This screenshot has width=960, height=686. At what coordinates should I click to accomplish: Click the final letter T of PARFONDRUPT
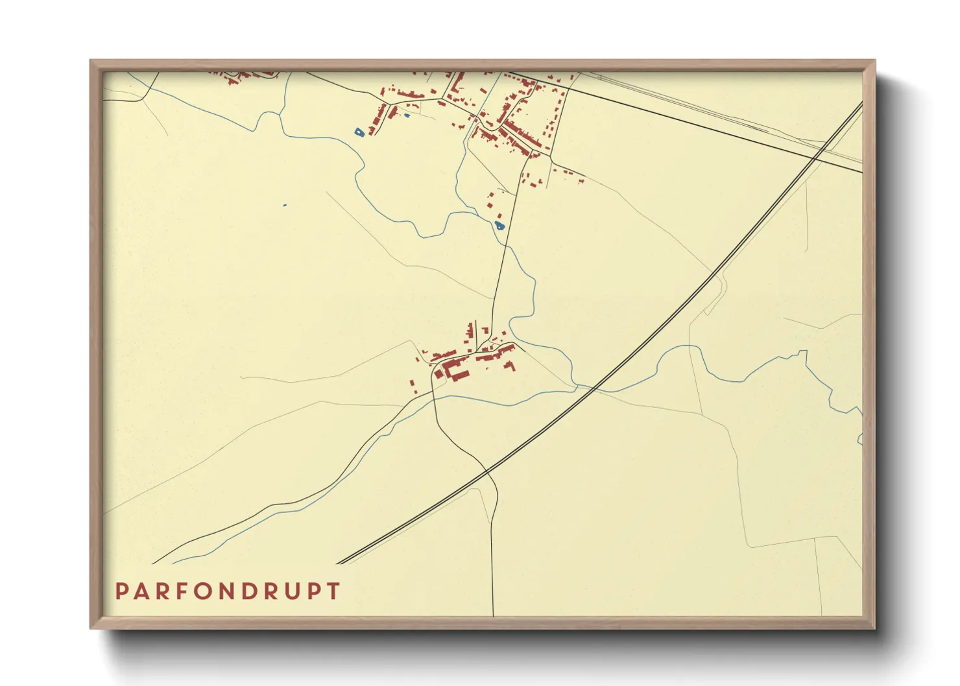[x=333, y=591]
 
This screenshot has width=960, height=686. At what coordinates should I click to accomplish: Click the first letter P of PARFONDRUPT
[x=121, y=591]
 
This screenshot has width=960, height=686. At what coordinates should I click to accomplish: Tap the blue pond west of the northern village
[x=359, y=132]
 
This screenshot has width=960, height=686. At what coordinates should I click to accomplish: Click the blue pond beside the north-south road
[x=499, y=226]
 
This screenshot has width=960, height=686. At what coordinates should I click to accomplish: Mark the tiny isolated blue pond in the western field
[x=284, y=206]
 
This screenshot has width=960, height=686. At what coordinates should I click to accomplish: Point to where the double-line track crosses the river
[x=595, y=388]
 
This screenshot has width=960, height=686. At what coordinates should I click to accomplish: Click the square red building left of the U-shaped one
[x=438, y=373]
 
